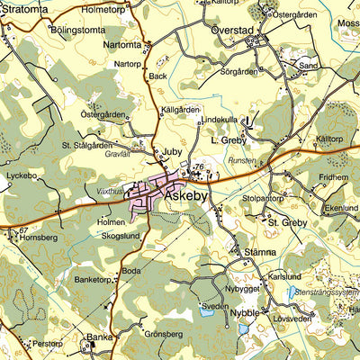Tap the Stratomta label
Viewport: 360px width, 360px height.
point(24,9)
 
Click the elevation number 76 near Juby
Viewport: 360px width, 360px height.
point(198,167)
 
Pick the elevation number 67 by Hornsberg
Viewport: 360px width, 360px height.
point(22,230)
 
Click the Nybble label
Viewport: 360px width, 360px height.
point(244,312)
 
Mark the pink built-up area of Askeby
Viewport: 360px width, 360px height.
point(148,200)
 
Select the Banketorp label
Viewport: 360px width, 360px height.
point(96,280)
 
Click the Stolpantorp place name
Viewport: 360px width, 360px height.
point(264,197)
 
